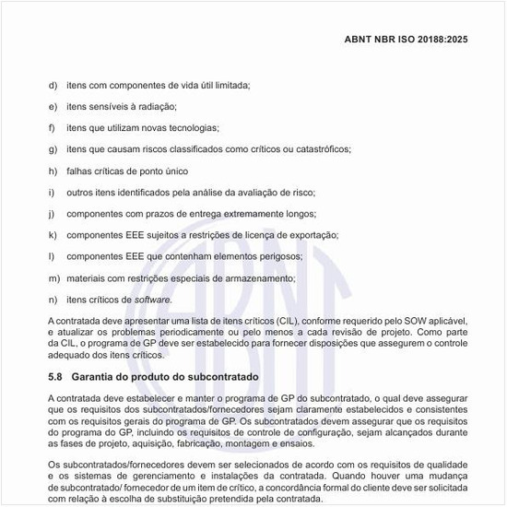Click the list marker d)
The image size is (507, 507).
52,85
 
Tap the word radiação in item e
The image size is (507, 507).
156,106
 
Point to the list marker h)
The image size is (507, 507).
52,171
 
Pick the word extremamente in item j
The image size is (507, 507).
234,213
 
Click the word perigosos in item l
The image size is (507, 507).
277,256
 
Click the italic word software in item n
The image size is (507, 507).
152,299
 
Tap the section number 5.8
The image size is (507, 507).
55,377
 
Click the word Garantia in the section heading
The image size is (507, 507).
97,377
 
